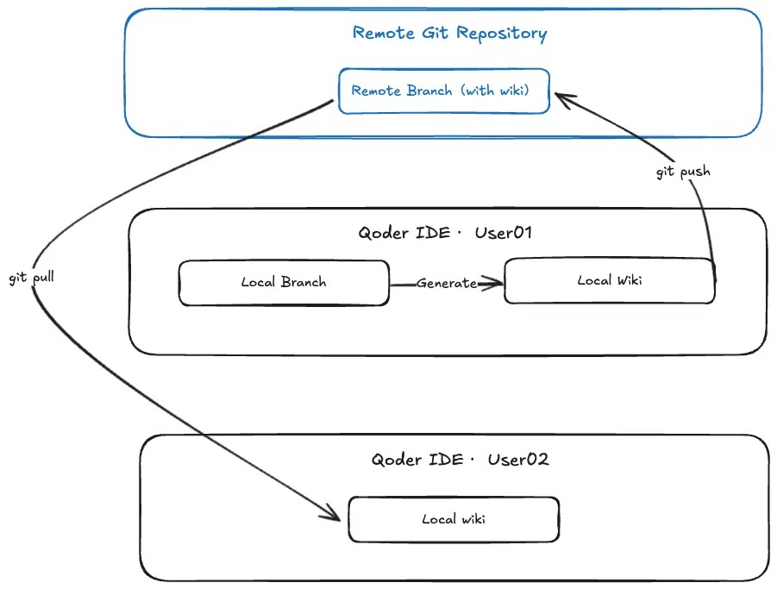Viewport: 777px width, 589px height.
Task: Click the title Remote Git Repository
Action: [449, 33]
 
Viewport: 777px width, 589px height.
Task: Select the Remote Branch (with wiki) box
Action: [444, 91]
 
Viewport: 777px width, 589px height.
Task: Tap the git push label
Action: [683, 172]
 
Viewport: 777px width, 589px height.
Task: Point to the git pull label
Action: [31, 278]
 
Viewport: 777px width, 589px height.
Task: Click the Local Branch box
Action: [284, 283]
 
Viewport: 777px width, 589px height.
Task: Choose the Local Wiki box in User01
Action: [610, 280]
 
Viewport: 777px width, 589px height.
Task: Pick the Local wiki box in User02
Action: [454, 519]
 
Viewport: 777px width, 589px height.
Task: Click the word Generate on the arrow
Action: [447, 284]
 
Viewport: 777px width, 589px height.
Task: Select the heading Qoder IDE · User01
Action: [445, 233]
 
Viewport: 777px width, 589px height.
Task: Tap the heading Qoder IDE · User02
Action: [460, 460]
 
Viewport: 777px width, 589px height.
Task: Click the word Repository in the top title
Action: [502, 34]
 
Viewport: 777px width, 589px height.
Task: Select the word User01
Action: [504, 232]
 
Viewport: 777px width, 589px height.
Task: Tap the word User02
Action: [518, 460]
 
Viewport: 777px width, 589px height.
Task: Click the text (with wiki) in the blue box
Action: [494, 91]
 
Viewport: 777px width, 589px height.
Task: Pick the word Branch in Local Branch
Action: [304, 282]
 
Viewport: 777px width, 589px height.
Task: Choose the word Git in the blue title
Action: [435, 33]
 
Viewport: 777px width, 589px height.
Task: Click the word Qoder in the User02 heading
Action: [396, 461]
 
